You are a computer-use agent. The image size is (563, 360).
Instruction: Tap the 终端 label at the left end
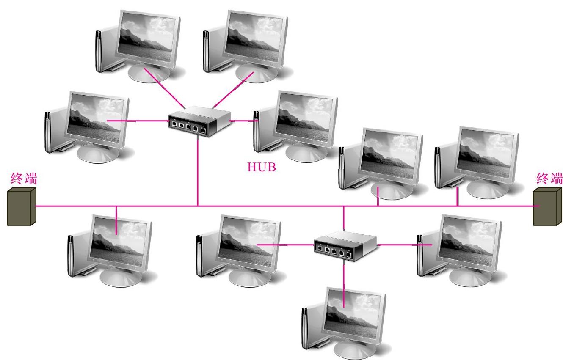pos(23,179)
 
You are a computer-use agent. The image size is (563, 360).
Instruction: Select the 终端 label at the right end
pos(549,178)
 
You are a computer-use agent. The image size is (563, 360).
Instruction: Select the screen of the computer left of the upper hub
pos(96,118)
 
